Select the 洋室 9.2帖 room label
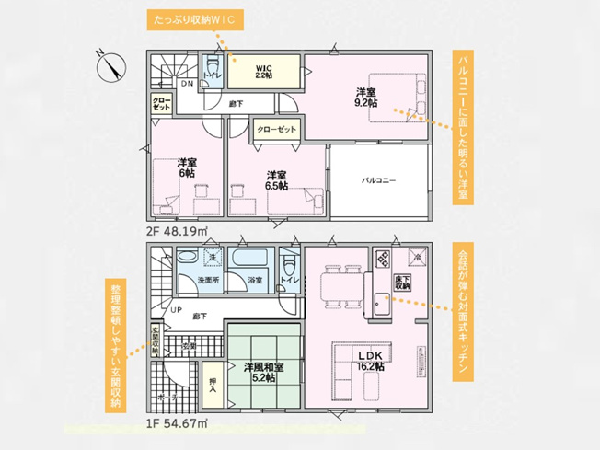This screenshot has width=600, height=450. click(366, 97)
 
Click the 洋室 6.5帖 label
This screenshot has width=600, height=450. click(276, 179)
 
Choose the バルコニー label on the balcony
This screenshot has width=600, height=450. click(378, 180)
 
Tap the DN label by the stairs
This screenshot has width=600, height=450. click(186, 85)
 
